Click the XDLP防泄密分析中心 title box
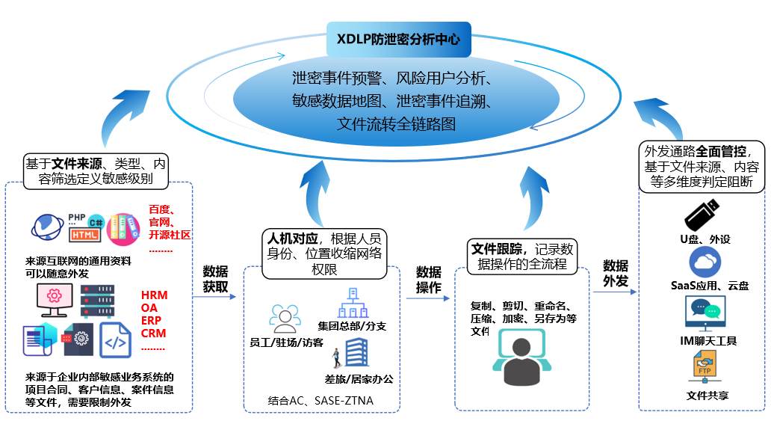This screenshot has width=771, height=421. (x=399, y=38)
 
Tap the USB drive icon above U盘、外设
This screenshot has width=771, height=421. (x=702, y=215)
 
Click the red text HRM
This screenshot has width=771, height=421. (x=154, y=295)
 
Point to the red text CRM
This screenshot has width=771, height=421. (x=154, y=334)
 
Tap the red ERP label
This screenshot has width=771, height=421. (x=153, y=321)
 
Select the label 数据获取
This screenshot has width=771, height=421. (x=216, y=279)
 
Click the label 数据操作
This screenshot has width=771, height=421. (x=429, y=280)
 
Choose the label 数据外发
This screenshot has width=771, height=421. (x=616, y=273)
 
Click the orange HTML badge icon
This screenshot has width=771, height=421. (x=84, y=235)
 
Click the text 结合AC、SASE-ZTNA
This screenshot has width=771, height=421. (x=321, y=402)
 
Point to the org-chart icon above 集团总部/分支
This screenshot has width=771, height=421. (x=350, y=304)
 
